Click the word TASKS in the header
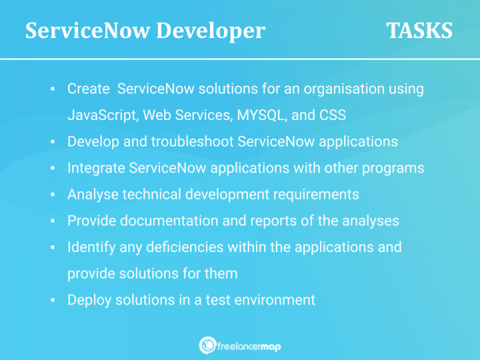point(419,31)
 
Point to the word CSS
point(333,115)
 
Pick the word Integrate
point(96,168)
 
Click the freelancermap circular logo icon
point(207,345)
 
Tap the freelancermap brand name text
point(249,345)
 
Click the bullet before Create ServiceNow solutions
point(51,89)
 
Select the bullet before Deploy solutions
point(51,301)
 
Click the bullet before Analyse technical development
point(51,195)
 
